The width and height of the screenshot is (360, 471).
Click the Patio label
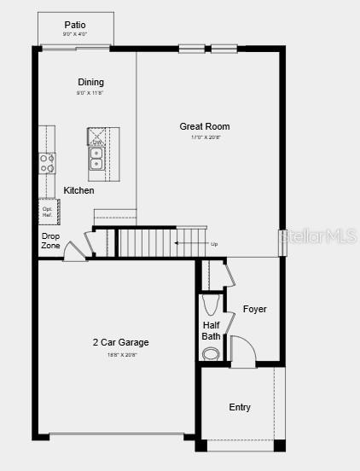(75, 25)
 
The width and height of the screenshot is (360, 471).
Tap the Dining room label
(90, 82)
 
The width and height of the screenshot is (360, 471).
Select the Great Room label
(204, 126)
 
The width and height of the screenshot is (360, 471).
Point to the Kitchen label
(79, 190)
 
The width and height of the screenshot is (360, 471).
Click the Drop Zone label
(50, 241)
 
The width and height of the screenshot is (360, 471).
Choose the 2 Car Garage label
(121, 343)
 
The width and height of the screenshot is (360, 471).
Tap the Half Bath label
(212, 330)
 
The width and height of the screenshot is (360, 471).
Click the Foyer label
(254, 309)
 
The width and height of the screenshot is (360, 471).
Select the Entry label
(240, 407)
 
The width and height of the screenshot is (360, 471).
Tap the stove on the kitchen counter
(46, 162)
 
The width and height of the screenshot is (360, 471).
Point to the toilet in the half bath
(211, 353)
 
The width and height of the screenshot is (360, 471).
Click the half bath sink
(211, 305)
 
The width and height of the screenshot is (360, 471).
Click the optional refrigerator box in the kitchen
(47, 212)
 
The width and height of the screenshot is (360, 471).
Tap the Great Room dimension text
(205, 137)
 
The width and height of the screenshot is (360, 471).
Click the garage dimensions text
(121, 354)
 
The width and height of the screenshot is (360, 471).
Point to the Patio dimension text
(75, 34)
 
